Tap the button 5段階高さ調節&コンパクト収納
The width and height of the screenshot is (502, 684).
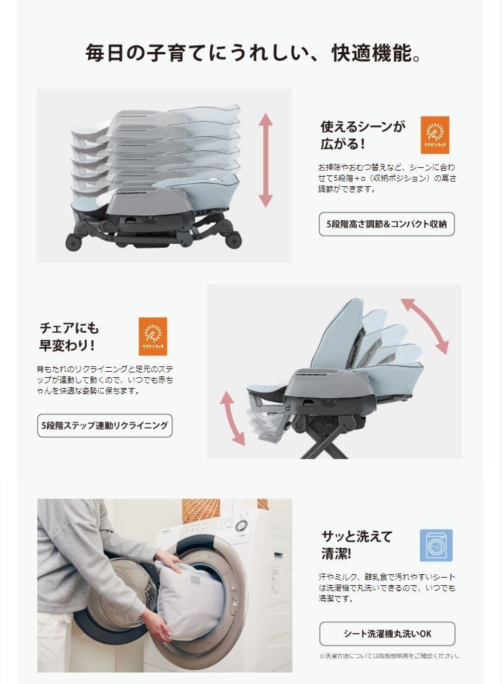tap(386, 224)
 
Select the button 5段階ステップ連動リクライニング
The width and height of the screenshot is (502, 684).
tap(104, 426)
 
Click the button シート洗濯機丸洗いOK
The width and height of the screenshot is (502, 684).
tap(387, 634)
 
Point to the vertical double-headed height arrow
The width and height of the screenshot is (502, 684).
tap(265, 161)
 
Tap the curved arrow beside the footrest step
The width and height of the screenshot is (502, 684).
tap(232, 417)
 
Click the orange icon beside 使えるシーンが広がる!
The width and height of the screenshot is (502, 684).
tap(435, 135)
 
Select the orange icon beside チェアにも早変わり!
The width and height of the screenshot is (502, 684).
tap(153, 336)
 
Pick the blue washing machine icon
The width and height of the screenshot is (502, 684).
tap(436, 545)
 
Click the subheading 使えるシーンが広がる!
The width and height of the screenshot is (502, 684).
tap(362, 135)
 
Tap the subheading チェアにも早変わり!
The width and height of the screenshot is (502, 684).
tap(69, 337)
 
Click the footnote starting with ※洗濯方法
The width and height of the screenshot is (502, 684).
tap(389, 656)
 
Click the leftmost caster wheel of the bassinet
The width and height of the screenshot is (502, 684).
tap(73, 242)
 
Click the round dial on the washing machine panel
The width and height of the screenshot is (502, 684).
tap(241, 525)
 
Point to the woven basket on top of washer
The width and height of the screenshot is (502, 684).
tap(201, 509)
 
